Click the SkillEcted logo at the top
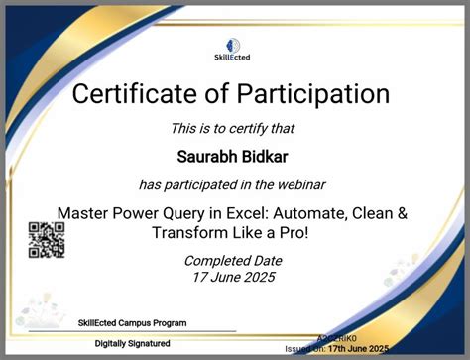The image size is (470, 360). pos(231,50)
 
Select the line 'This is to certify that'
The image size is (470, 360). pos(233,128)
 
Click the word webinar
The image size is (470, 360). pos(300,184)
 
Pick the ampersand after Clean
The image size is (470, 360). pos(402,213)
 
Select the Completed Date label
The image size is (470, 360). pos(233,261)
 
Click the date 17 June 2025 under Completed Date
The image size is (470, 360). pos(233,277)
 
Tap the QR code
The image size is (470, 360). pos(47,239)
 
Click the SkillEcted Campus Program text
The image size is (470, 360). pos(131,323)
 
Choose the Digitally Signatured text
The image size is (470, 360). pos(132,343)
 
